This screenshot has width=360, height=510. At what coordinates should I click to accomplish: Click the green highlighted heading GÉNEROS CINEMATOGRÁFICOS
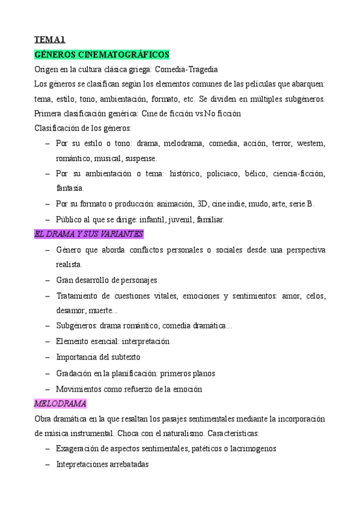point(102,55)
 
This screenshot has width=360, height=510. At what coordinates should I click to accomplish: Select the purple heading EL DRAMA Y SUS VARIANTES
point(88,234)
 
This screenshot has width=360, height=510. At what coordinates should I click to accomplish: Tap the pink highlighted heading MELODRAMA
point(60,403)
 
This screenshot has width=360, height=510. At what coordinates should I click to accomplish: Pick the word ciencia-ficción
point(298,174)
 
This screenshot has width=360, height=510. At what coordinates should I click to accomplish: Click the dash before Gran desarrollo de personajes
point(48,280)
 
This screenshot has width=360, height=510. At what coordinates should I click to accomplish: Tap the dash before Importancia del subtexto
point(48,357)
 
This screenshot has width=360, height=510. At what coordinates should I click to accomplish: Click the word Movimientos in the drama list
point(78,389)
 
